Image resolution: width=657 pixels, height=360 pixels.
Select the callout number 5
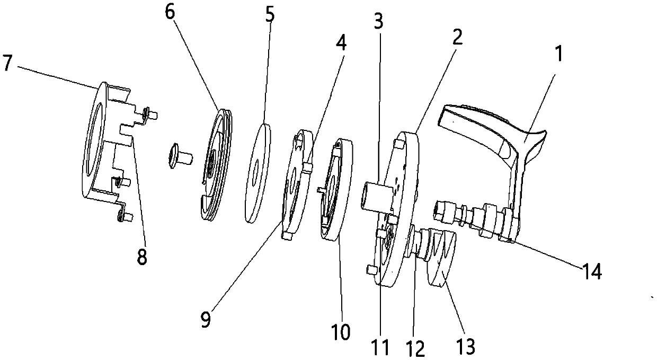[x=270, y=15]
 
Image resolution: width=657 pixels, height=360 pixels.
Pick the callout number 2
[x=457, y=37]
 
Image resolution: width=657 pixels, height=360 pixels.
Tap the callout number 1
[x=558, y=53]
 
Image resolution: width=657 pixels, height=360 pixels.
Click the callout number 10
[x=341, y=332]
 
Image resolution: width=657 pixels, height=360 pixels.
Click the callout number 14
[x=592, y=272]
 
